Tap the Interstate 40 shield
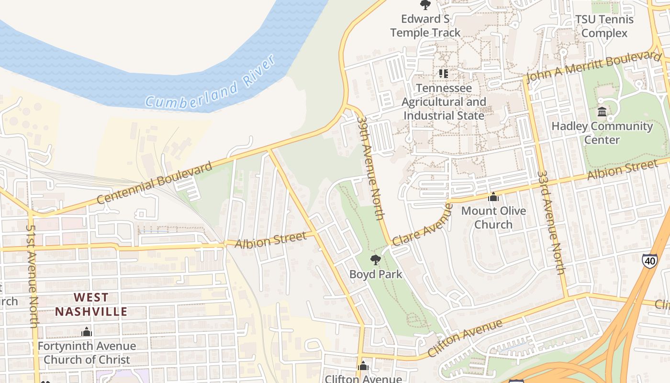pos(649,260)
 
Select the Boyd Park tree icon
pos(376,260)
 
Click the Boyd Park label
pos(376,274)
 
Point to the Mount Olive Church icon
pos(493,197)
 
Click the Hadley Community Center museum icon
pos(602,112)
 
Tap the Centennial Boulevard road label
pos(154,183)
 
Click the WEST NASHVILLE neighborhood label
pos(91,305)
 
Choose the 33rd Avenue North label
pos(551,222)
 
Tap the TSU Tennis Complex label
pos(604,26)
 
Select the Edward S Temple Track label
pos(425,26)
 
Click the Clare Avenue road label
pos(422,224)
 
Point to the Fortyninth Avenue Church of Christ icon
pos(87,331)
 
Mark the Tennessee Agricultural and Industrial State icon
pos(444,73)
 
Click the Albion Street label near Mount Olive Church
pos(622,170)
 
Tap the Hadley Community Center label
pos(602,133)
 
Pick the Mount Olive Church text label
pos(493,218)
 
